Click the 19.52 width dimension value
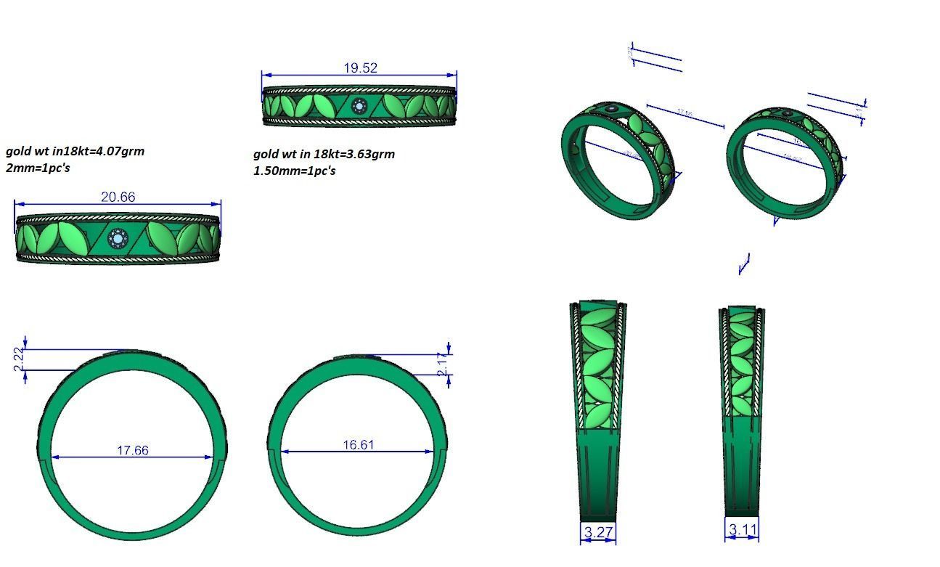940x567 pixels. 360,68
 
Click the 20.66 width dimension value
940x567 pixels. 118,197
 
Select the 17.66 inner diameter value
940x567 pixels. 132,450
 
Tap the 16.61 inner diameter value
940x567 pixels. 358,444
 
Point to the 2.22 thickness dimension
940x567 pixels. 19,359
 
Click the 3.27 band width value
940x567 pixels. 598,532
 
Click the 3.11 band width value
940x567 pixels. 742,530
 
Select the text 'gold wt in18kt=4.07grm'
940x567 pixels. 75,151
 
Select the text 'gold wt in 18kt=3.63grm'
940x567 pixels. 324,154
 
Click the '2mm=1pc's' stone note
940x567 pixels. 38,168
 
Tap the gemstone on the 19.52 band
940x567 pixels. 359,107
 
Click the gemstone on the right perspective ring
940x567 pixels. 788,113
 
